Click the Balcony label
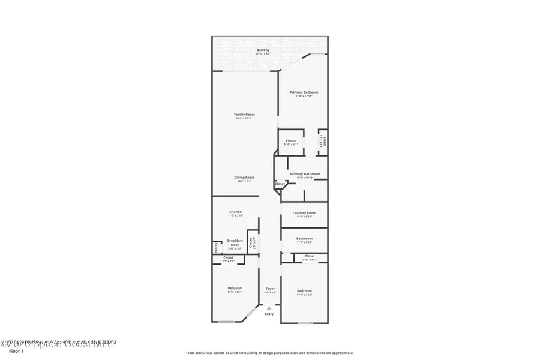pos(263,50)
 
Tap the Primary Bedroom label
pos(304,92)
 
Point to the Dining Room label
pos(244,177)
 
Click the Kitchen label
pos(235,212)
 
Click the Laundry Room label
pos(304,212)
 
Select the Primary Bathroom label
pos(305,174)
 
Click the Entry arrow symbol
pos(269,308)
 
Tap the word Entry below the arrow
pos(269,314)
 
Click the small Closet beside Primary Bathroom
pos(280,184)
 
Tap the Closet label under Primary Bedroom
pos(290,141)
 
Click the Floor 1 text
pos(16,351)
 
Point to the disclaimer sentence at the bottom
pos(269,353)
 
